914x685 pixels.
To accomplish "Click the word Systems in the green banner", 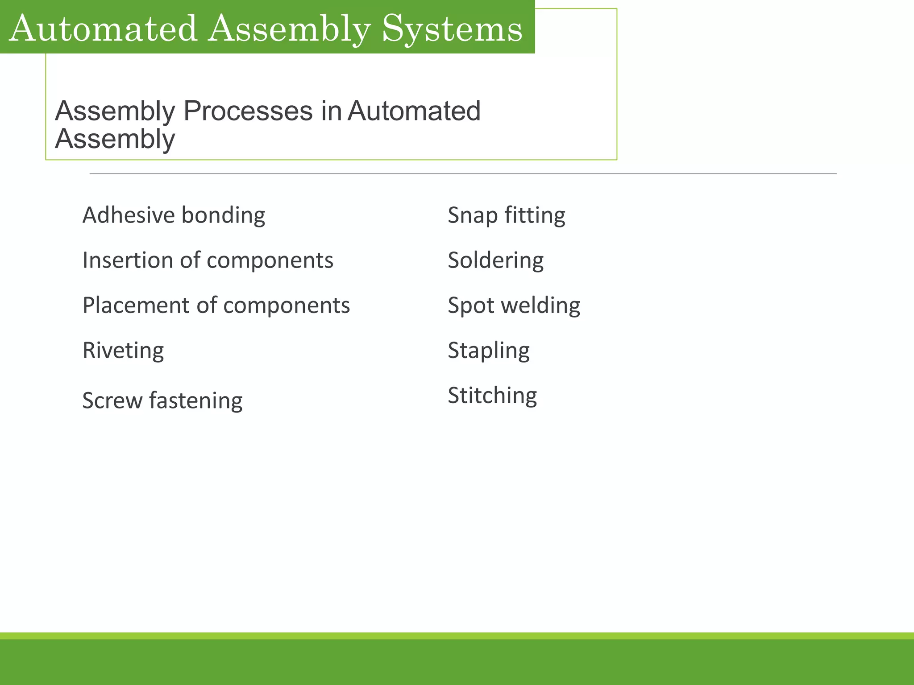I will pos(452,29).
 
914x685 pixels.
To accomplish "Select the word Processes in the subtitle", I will pos(248,111).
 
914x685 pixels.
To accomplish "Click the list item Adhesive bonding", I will pos(174,215).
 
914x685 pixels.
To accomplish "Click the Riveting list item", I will pos(123,351).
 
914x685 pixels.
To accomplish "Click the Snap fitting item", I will pos(506,215).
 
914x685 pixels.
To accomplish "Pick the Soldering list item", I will pos(495,260).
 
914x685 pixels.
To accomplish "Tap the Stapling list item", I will pos(488,351).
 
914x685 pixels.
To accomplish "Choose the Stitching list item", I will pos(492,396).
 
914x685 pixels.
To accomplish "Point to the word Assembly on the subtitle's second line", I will pos(115,140).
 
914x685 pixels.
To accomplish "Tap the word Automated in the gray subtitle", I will pos(414,111).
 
